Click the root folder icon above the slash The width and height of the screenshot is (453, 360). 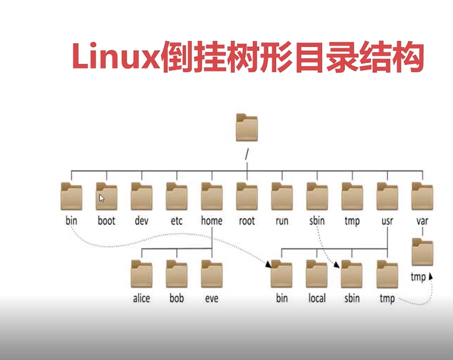(247, 128)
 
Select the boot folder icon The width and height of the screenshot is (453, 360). (106, 197)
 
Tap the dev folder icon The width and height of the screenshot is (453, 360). (141, 197)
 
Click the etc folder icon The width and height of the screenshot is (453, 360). (177, 197)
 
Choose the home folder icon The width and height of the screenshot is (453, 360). (212, 197)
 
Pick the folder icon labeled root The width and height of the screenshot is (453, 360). (247, 197)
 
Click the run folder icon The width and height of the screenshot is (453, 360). (282, 197)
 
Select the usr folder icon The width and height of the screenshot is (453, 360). (387, 197)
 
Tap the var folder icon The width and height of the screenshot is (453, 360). (422, 197)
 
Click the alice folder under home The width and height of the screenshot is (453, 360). (142, 274)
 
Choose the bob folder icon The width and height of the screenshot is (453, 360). (177, 274)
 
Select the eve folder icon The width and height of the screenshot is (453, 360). (212, 274)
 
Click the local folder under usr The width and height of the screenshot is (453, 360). (317, 274)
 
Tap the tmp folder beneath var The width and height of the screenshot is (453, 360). (422, 252)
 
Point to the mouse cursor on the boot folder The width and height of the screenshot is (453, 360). (102, 198)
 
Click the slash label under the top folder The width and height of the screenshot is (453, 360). (247, 154)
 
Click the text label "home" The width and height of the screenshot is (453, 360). (212, 221)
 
